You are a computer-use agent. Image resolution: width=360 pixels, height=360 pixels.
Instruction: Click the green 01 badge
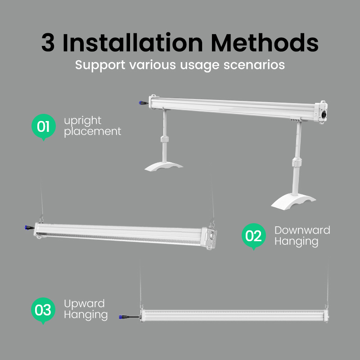44,126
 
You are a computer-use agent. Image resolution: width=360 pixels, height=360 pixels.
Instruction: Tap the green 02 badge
254,236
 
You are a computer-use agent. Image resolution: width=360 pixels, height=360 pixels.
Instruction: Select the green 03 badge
43,310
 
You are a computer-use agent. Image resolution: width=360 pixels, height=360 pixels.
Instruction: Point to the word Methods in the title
265,43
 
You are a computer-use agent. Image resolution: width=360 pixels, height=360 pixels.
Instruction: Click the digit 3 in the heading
48,43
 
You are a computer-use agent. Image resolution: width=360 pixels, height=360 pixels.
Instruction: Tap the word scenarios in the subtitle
254,65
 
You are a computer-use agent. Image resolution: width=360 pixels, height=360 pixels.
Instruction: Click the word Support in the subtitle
100,65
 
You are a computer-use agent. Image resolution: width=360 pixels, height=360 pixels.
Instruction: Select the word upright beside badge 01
83,121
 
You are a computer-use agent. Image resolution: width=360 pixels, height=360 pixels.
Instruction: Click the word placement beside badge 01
93,131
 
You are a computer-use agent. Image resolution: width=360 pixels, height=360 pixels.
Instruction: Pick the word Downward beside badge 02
302,230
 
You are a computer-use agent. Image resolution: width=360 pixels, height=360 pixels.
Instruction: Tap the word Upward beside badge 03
84,304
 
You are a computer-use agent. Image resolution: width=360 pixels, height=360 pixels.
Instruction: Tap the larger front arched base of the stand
293,202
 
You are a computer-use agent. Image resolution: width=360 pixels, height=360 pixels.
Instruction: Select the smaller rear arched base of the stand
163,166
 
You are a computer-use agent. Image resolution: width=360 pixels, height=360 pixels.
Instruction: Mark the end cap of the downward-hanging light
210,238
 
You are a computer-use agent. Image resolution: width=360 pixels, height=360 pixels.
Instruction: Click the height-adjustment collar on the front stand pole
297,162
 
